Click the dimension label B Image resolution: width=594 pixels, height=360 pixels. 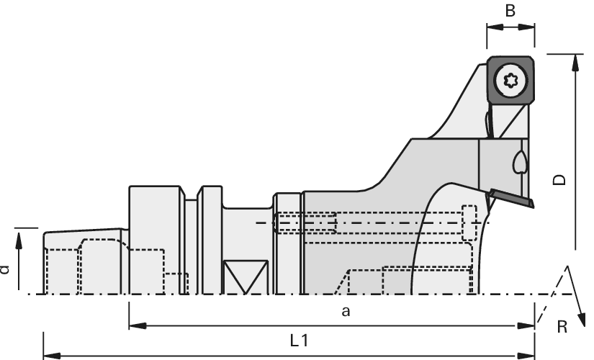click(x=510, y=11)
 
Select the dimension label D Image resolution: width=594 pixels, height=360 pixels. click(x=559, y=179)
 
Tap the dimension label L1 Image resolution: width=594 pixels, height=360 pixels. click(x=300, y=341)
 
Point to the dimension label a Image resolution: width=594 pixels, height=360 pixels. click(x=346, y=312)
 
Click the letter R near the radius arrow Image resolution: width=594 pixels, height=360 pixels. click(x=562, y=326)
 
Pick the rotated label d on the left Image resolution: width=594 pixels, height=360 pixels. click(x=4, y=269)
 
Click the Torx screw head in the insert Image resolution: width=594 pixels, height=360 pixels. click(x=511, y=81)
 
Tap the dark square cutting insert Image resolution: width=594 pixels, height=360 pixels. click(x=510, y=81)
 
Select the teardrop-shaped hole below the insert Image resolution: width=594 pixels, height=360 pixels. click(x=519, y=162)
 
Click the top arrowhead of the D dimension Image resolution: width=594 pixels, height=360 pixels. click(x=576, y=62)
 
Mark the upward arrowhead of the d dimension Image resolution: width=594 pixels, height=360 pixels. click(x=19, y=240)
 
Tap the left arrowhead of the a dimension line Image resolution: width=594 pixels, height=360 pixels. click(x=138, y=325)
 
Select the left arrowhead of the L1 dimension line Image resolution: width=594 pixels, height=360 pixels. click(x=53, y=356)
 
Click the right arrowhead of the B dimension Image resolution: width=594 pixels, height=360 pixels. click(x=526, y=27)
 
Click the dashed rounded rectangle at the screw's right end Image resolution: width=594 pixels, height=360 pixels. click(x=469, y=222)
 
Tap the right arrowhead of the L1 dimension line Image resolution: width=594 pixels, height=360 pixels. click(x=526, y=356)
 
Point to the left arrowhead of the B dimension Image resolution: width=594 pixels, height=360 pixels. click(x=495, y=27)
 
